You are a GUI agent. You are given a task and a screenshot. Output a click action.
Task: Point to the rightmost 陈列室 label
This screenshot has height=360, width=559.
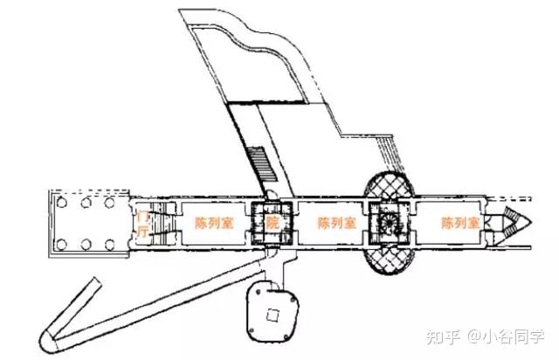460,223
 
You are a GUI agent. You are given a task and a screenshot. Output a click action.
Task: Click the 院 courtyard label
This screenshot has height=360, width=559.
272,223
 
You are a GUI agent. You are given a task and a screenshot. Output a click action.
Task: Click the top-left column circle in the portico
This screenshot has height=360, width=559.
65,203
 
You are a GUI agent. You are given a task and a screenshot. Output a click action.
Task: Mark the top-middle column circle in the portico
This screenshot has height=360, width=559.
87,203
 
